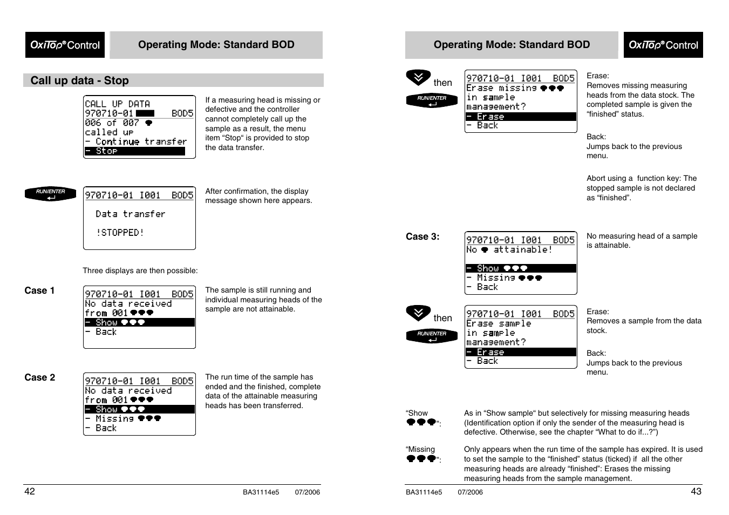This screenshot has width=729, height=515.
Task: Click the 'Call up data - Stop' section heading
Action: [79, 80]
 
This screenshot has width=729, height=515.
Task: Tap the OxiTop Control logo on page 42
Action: [65, 45]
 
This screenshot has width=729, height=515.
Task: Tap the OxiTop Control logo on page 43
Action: [663, 45]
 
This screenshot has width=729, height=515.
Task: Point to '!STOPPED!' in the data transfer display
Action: [120, 233]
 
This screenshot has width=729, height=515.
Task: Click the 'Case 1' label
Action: [39, 290]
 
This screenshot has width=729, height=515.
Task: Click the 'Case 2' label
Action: [39, 377]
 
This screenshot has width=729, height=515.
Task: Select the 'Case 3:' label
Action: [423, 236]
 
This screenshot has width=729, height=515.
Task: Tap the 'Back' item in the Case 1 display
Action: [106, 332]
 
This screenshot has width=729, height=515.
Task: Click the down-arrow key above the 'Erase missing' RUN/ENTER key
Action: [418, 78]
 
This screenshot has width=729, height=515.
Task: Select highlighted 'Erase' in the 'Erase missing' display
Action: [490, 117]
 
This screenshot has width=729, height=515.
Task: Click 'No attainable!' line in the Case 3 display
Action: [509, 249]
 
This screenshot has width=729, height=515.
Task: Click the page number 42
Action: [30, 491]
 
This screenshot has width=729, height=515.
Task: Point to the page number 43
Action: [696, 491]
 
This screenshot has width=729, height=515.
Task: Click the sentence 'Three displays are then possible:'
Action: [140, 270]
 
